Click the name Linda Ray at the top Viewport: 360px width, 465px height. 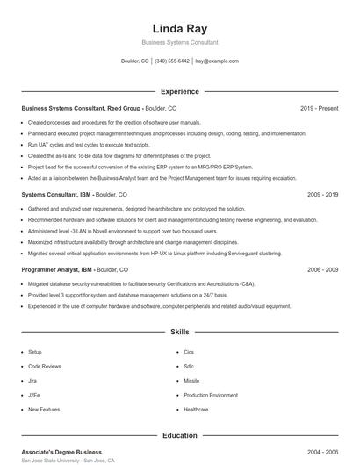tap(179, 28)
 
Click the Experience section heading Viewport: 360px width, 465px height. tap(179, 91)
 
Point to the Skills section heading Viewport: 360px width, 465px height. tap(179, 333)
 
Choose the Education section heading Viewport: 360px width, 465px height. tap(179, 435)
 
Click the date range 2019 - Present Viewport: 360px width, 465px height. tap(319, 108)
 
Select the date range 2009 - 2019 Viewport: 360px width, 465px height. tap(322, 194)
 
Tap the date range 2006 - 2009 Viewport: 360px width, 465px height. tap(322, 270)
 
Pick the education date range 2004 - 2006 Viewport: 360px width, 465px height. tap(322, 452)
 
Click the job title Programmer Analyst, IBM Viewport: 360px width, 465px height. tap(56, 270)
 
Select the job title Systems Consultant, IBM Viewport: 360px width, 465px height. tap(54, 194)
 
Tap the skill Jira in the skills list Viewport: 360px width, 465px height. tap(33, 381)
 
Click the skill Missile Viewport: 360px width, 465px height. tap(191, 381)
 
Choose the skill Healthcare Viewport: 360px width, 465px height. tap(196, 410)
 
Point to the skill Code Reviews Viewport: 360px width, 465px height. tap(44, 366)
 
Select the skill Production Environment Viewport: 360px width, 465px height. tap(211, 396)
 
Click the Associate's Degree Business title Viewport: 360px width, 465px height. tap(61, 452)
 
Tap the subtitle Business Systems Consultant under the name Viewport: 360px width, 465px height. tap(179, 42)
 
